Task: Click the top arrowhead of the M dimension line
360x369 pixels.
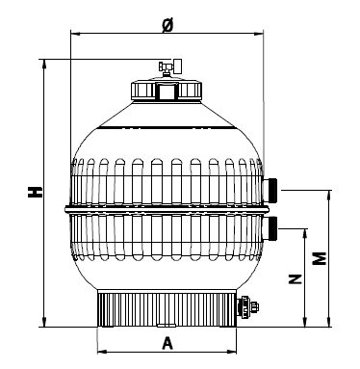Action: tap(331, 191)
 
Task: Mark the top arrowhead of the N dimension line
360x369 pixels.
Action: tap(306, 231)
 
